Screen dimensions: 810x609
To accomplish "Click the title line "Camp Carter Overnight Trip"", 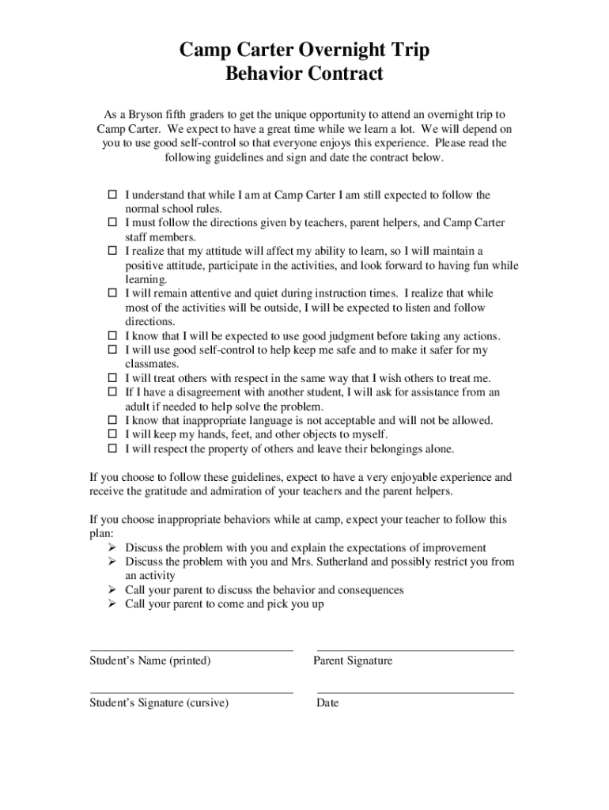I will pyautogui.click(x=304, y=51).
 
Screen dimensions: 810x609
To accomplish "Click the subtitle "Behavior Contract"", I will pyautogui.click(x=304, y=74).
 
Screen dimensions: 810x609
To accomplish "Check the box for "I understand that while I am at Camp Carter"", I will pyautogui.click(x=112, y=195).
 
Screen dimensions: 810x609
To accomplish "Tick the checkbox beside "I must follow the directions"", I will pyautogui.click(x=112, y=223).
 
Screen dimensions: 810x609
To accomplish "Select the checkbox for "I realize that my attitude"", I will pyautogui.click(x=112, y=252).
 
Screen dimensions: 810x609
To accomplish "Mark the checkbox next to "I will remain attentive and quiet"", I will pyautogui.click(x=112, y=293).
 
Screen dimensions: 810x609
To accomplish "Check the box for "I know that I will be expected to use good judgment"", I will pyautogui.click(x=112, y=336).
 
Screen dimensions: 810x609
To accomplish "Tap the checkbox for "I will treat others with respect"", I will pyautogui.click(x=112, y=378).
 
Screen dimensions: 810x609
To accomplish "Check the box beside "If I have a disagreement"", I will pyautogui.click(x=112, y=392).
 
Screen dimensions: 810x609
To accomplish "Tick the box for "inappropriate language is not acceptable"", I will pyautogui.click(x=112, y=421).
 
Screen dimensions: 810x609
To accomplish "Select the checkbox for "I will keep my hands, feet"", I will pyautogui.click(x=112, y=435).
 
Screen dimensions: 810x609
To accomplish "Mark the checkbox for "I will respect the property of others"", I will pyautogui.click(x=112, y=449).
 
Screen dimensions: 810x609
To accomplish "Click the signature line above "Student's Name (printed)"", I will pyautogui.click(x=191, y=650).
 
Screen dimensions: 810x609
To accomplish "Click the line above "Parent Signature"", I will pyautogui.click(x=414, y=650).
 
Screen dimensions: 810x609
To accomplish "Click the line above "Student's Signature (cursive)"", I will pyautogui.click(x=191, y=693).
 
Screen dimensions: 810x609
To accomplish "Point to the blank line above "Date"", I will pyautogui.click(x=414, y=693).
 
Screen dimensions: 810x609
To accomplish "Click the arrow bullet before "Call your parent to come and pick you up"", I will pyautogui.click(x=112, y=604).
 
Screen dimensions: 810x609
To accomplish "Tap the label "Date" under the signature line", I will pyautogui.click(x=327, y=703).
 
